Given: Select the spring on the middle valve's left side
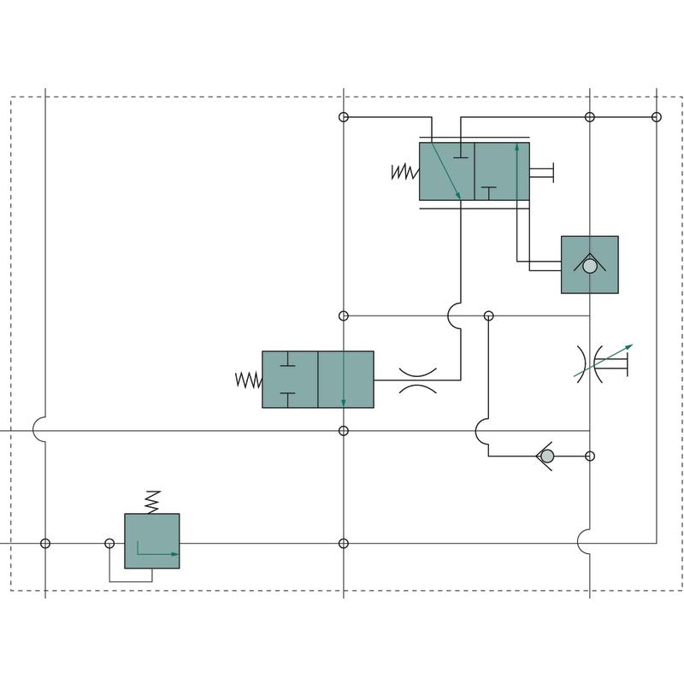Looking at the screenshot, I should [249, 380].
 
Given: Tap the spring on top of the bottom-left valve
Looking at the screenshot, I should [152, 501].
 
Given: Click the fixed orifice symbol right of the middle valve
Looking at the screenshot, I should [418, 380].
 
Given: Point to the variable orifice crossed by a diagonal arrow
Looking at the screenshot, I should [591, 364].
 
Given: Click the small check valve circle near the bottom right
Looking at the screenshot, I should [547, 457].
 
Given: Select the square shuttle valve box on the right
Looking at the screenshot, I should [590, 265].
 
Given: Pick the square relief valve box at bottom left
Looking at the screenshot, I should [152, 541].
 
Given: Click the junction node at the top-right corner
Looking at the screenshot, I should [657, 117].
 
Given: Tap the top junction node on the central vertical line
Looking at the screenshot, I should [344, 117].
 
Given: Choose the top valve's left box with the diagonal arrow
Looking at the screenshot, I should [447, 172].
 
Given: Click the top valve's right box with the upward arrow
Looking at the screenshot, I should [502, 172].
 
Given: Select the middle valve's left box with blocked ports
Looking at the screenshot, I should [290, 380].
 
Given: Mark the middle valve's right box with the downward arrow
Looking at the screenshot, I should [345, 380].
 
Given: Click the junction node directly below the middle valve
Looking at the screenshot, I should [344, 431].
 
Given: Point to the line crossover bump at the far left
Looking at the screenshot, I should [39, 430].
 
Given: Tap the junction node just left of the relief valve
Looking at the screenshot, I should [109, 544].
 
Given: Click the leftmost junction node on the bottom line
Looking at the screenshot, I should [45, 544].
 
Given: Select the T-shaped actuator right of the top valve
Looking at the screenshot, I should [544, 172].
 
